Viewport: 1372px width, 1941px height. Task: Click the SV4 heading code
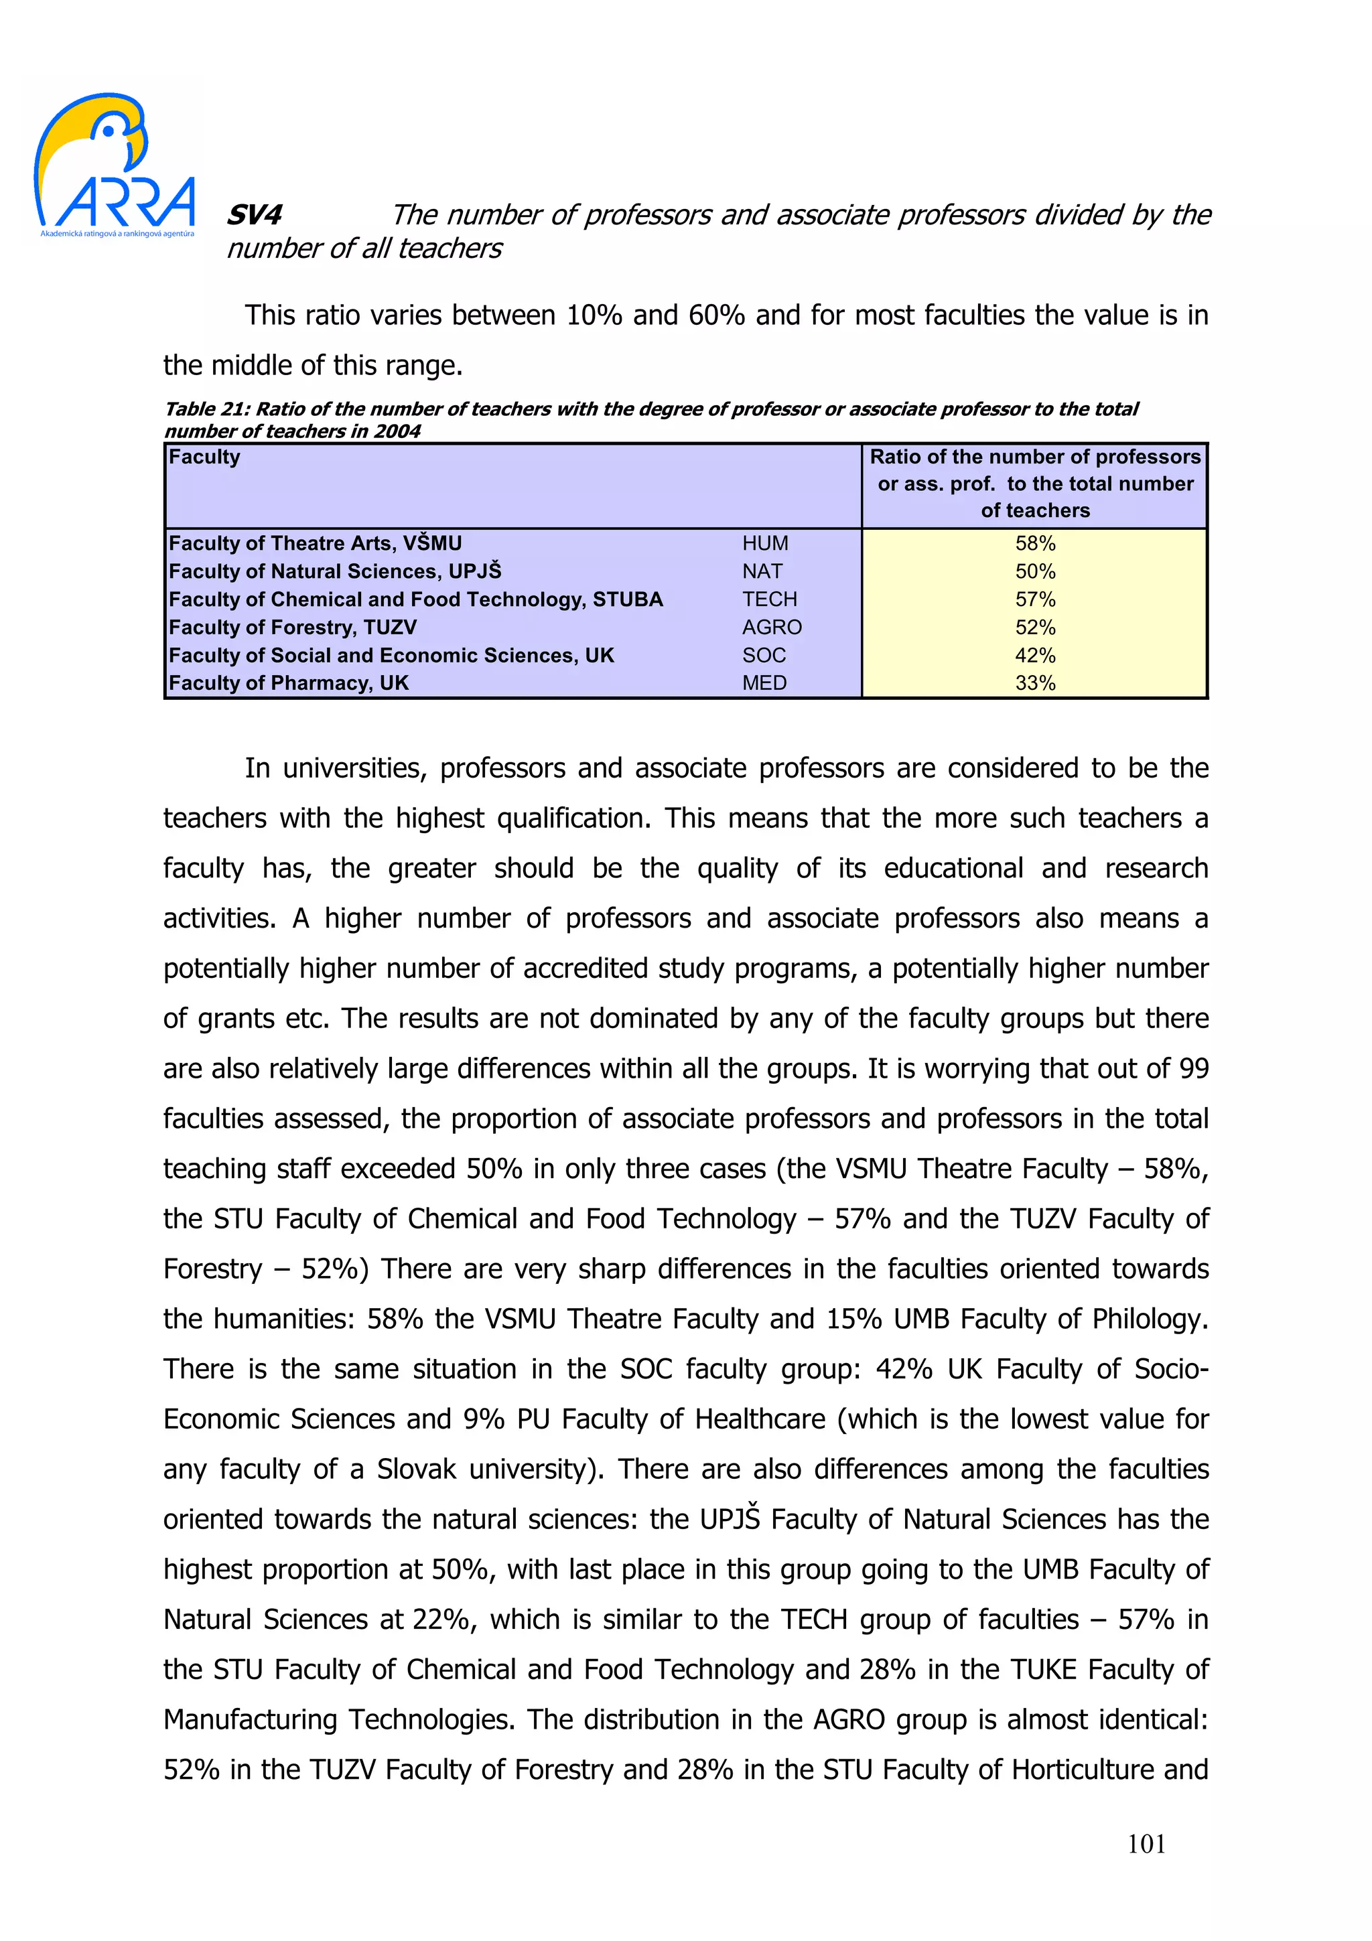point(254,215)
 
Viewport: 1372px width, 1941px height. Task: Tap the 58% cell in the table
point(1035,544)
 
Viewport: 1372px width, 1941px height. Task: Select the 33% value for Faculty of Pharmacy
point(1035,683)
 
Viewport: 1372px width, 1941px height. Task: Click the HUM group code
point(764,544)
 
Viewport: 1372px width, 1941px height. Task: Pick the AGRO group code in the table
point(771,628)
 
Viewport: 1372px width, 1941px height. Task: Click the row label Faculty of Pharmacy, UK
point(287,683)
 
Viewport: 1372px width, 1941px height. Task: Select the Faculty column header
point(204,457)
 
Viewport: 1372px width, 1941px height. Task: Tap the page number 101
point(1146,1844)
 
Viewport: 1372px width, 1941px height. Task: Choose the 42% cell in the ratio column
point(1035,655)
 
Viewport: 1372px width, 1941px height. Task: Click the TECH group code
point(768,599)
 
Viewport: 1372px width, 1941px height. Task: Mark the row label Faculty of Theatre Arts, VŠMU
point(314,544)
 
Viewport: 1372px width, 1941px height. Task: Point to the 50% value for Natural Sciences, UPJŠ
point(1035,571)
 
